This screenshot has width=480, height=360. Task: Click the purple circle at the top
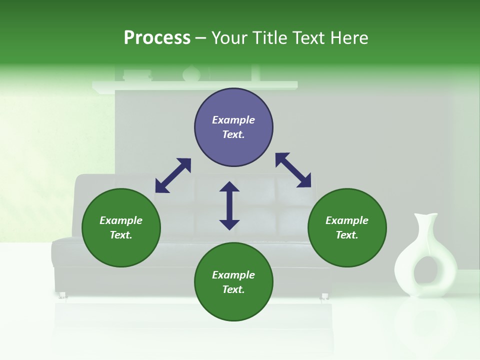233,127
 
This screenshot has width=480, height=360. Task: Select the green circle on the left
121,227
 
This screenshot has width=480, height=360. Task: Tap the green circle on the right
347,227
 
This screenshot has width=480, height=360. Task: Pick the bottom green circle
233,282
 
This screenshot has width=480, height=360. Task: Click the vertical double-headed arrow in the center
229,205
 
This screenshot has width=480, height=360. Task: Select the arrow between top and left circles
173,175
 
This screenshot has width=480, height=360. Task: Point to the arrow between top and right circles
293,170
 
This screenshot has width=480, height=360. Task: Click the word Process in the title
157,38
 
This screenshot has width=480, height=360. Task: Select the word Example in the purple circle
233,120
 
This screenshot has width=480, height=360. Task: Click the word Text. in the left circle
121,235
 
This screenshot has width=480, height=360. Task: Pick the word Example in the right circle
347,220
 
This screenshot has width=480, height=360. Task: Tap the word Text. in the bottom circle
233,289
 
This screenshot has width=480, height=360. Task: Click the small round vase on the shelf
191,74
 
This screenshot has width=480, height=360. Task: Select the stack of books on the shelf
137,75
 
